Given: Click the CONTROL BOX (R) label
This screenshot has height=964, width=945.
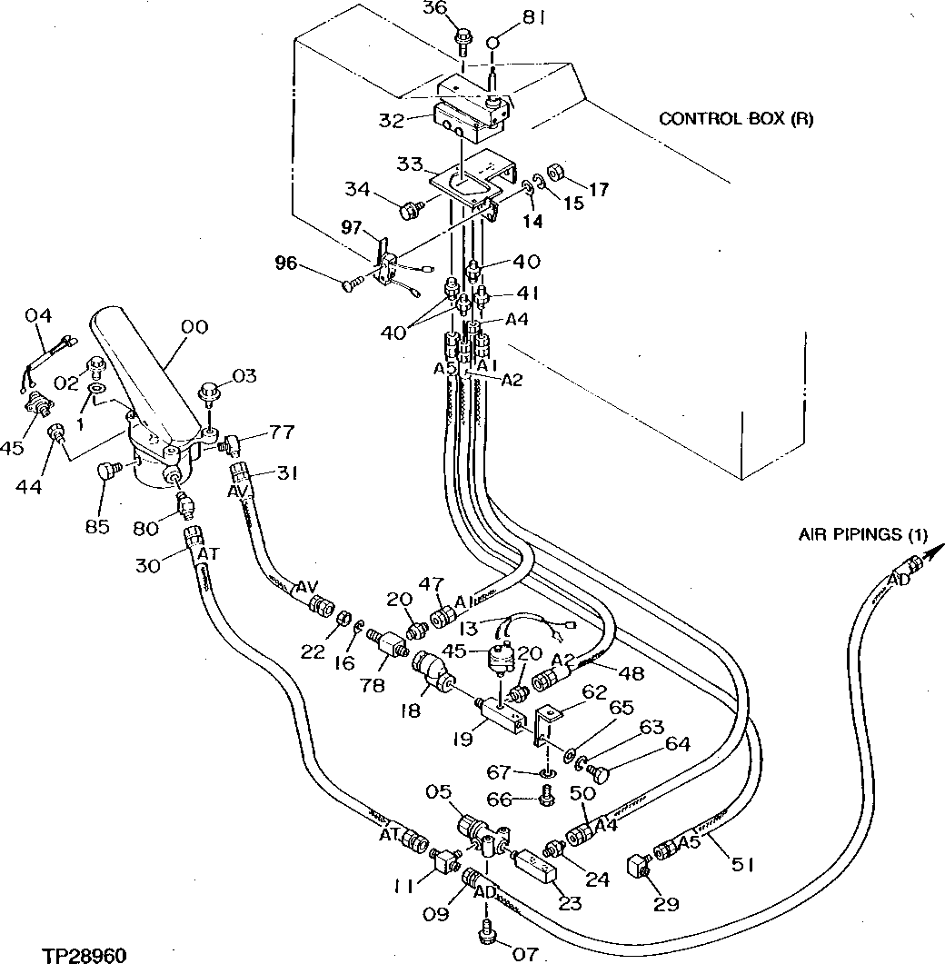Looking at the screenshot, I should [736, 119].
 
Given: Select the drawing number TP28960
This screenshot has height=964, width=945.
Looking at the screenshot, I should [84, 955].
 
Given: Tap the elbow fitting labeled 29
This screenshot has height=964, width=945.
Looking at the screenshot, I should [639, 866].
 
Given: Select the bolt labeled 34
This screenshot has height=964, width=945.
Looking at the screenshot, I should [409, 211].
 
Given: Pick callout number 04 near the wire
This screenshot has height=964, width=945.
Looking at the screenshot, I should [37, 316].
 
